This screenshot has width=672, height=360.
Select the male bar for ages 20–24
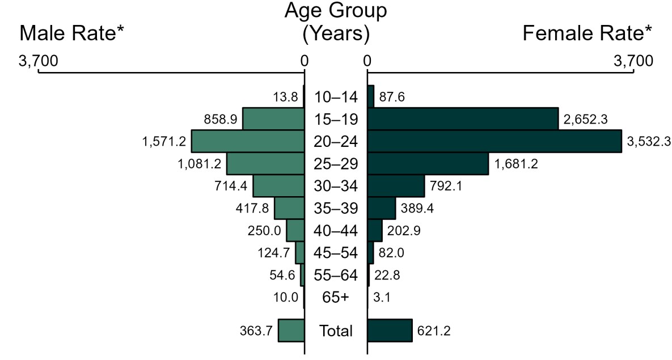tap(248, 141)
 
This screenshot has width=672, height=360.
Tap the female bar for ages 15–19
tap(463, 118)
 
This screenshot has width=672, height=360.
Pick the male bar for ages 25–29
tap(265, 163)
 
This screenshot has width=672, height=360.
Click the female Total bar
tap(390, 331)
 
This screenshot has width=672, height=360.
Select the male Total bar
tap(291, 331)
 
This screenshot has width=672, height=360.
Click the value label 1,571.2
tap(164, 142)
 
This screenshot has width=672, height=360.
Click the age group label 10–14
tap(336, 97)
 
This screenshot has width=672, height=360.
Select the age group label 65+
tap(336, 297)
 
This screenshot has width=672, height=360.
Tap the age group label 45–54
tap(336, 253)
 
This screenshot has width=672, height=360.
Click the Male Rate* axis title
tap(71, 34)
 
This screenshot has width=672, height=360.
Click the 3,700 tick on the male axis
tap(39, 61)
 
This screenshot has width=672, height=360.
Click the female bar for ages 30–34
tap(396, 186)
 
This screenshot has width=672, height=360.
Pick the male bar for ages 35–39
tap(289, 208)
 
